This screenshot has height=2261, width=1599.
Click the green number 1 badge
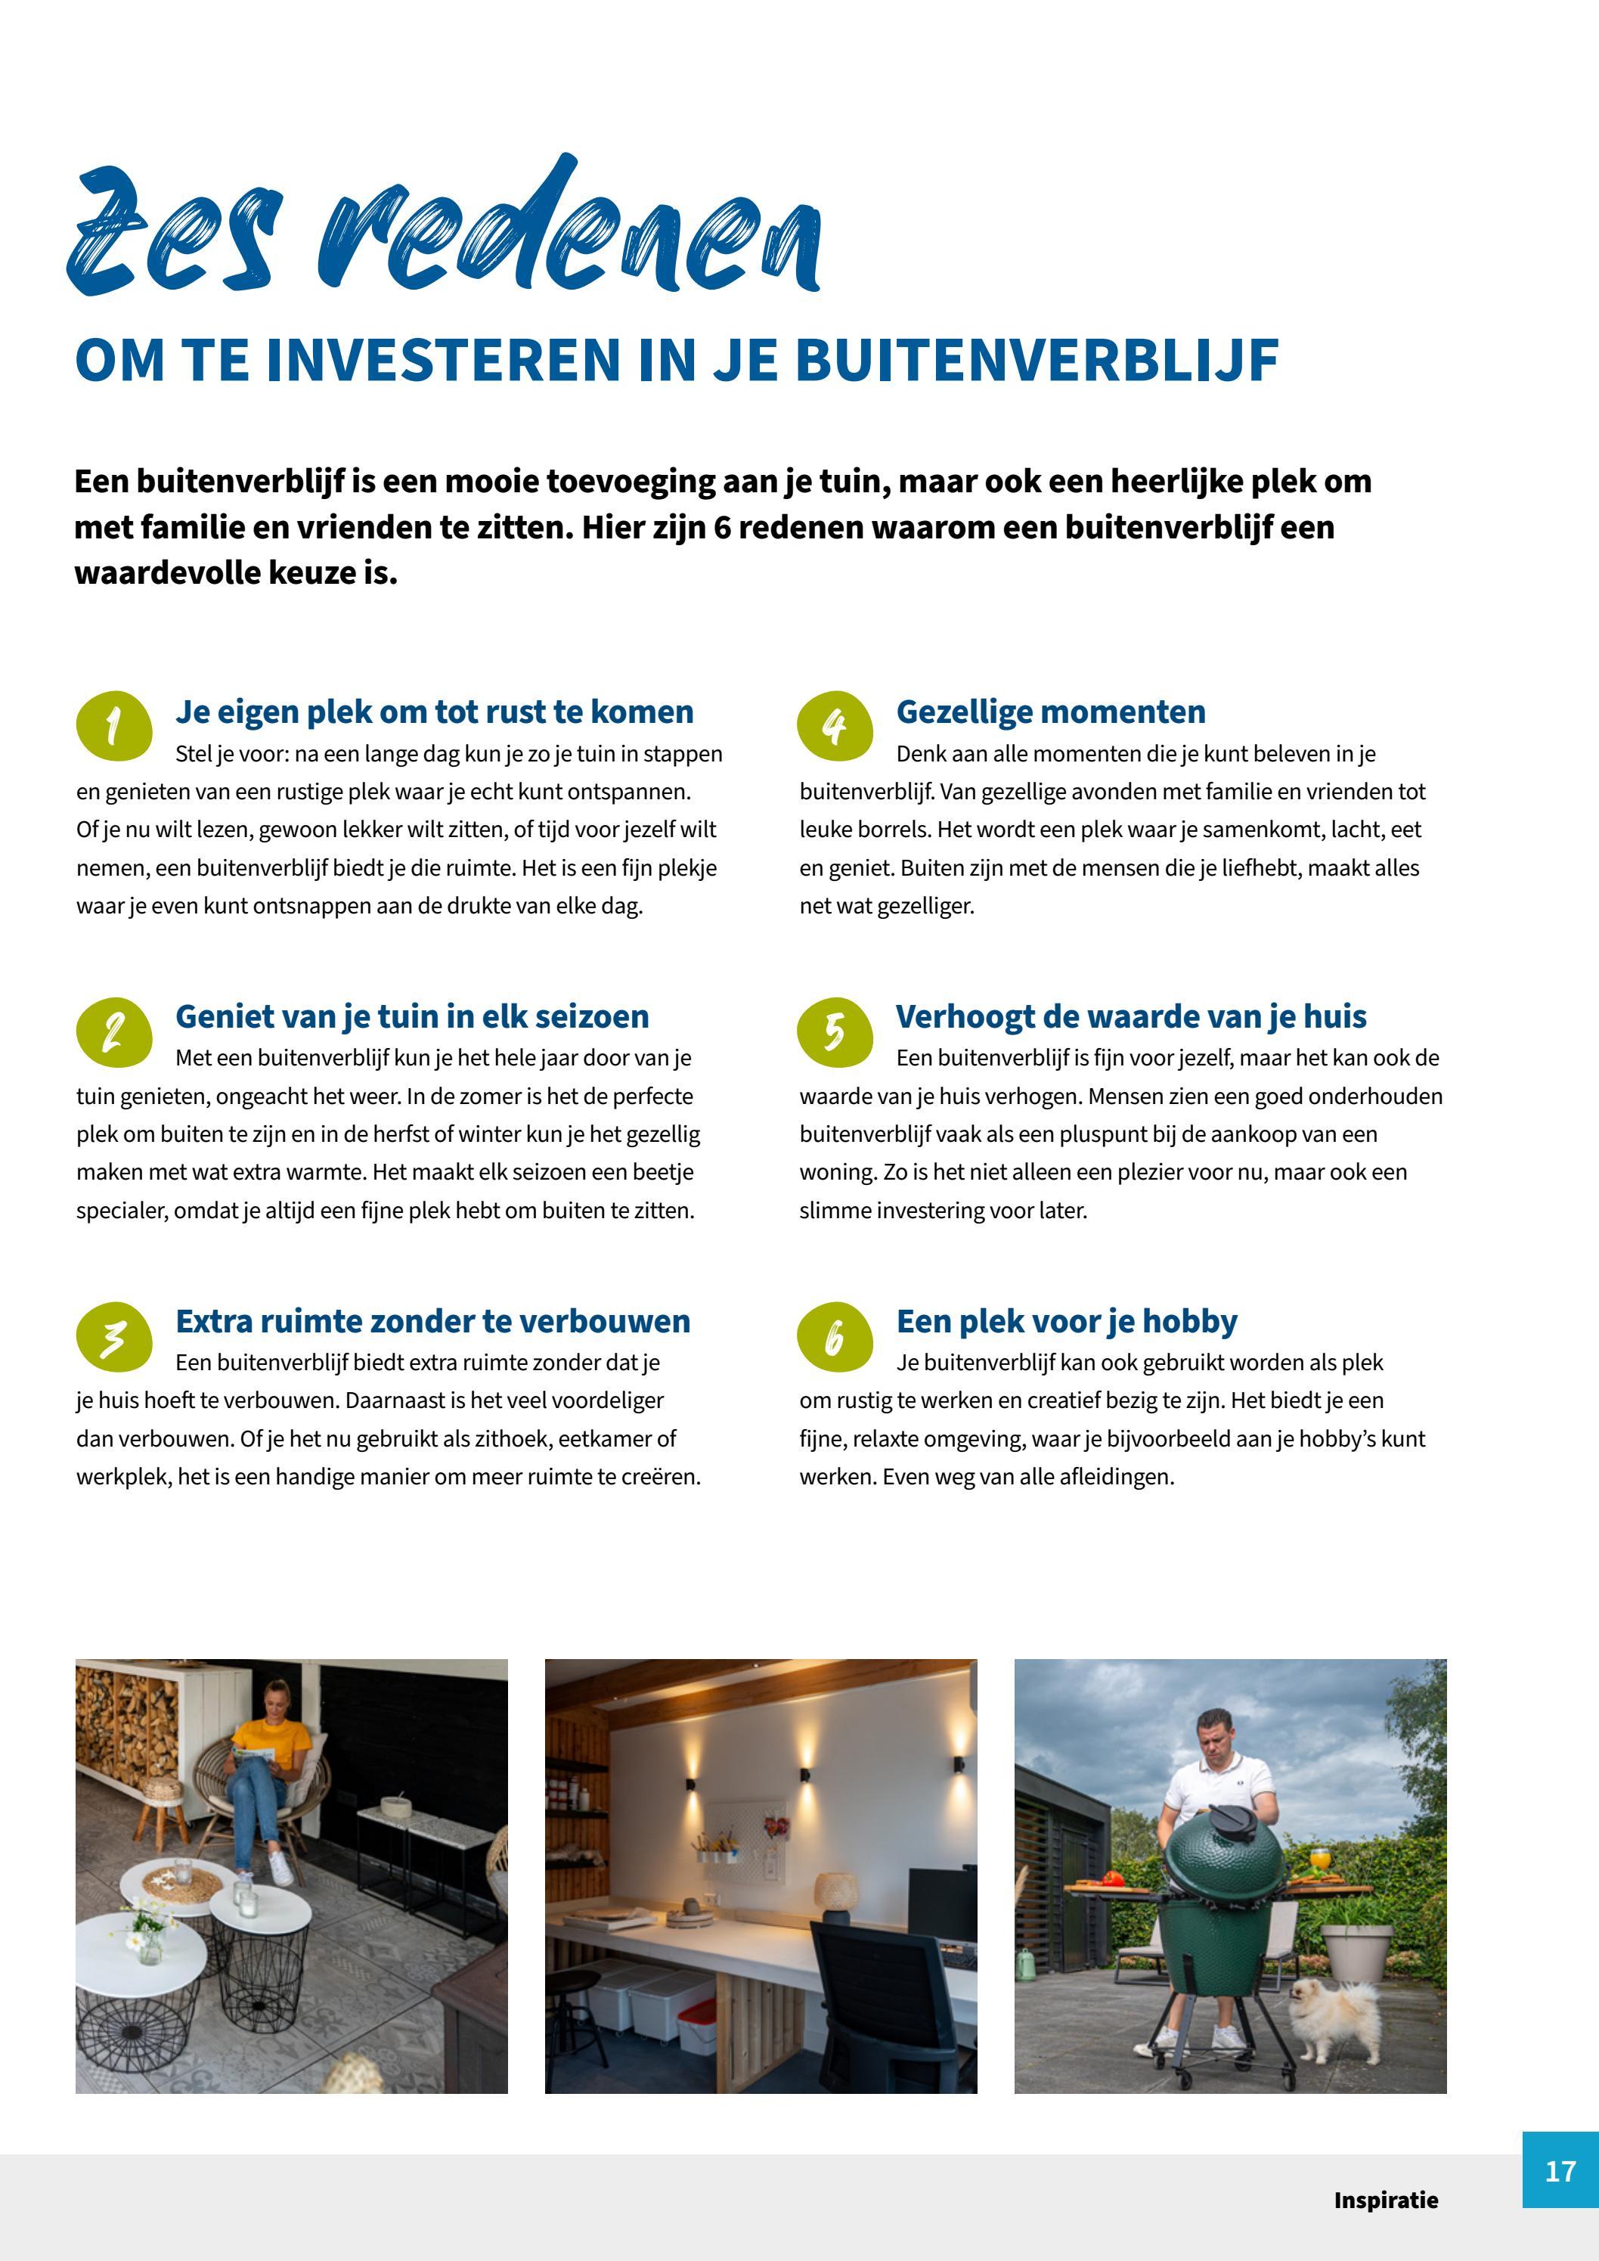(x=114, y=726)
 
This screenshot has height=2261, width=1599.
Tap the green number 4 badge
(x=835, y=726)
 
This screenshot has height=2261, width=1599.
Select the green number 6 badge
(x=835, y=1336)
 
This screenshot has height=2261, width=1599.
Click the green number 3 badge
(x=114, y=1336)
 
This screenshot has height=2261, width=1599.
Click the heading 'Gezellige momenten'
(x=1051, y=711)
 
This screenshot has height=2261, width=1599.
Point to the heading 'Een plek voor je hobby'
(x=1066, y=1320)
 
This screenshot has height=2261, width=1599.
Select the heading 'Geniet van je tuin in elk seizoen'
(x=411, y=1016)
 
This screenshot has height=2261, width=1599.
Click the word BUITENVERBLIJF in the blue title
(x=1036, y=361)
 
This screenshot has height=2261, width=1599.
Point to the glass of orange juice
(x=1320, y=1856)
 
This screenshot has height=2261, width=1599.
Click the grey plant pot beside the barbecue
(x=1357, y=1952)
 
